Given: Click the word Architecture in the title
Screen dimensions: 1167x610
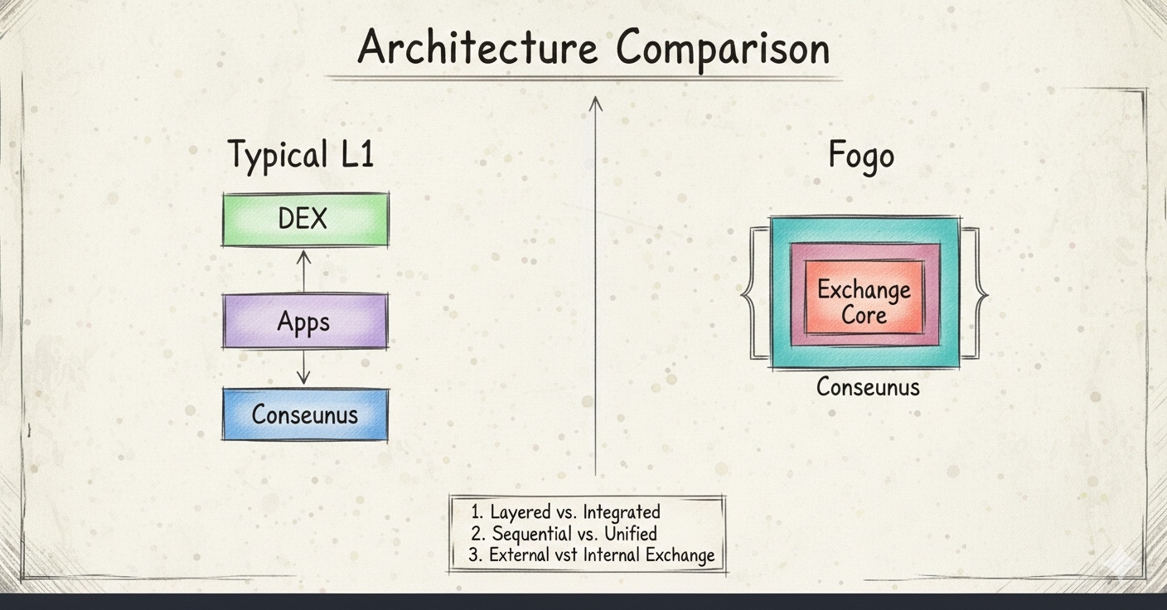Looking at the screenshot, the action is pyautogui.click(x=477, y=47).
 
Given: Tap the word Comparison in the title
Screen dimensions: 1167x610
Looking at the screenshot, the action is pyautogui.click(x=723, y=50).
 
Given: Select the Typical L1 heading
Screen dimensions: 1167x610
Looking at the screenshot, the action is pyautogui.click(x=301, y=154).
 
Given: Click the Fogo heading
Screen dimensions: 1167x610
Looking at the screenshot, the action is pyautogui.click(x=861, y=155).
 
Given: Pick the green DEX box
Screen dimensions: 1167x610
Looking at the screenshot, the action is pyautogui.click(x=305, y=220).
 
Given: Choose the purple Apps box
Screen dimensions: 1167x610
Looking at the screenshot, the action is pyautogui.click(x=305, y=321).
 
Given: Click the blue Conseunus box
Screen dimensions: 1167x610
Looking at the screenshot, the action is pyautogui.click(x=305, y=414).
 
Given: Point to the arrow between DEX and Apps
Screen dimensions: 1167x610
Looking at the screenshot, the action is pyautogui.click(x=303, y=271).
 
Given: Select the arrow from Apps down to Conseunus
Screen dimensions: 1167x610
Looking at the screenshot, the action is pyautogui.click(x=303, y=367).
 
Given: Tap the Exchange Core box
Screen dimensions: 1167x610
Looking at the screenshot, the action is pyautogui.click(x=864, y=298).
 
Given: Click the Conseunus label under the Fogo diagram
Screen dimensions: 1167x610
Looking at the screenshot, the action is pyautogui.click(x=868, y=387).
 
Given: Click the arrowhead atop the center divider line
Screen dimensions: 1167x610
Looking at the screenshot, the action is pyautogui.click(x=595, y=103).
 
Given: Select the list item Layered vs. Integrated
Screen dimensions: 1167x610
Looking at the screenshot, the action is pyautogui.click(x=565, y=511).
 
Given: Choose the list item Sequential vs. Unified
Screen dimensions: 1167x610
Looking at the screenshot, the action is pyautogui.click(x=564, y=534).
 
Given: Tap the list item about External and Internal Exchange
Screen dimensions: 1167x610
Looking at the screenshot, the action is pyautogui.click(x=591, y=555).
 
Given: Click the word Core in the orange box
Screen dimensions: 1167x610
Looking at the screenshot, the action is pyautogui.click(x=864, y=316).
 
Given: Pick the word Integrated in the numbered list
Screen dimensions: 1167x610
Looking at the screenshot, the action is pyautogui.click(x=622, y=512).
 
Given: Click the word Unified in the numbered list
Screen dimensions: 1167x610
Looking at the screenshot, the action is pyautogui.click(x=631, y=534).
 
